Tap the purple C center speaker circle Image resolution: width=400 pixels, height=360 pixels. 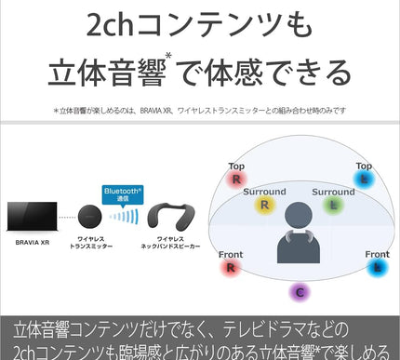300,291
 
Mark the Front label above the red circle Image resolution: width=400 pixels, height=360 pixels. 230,253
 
